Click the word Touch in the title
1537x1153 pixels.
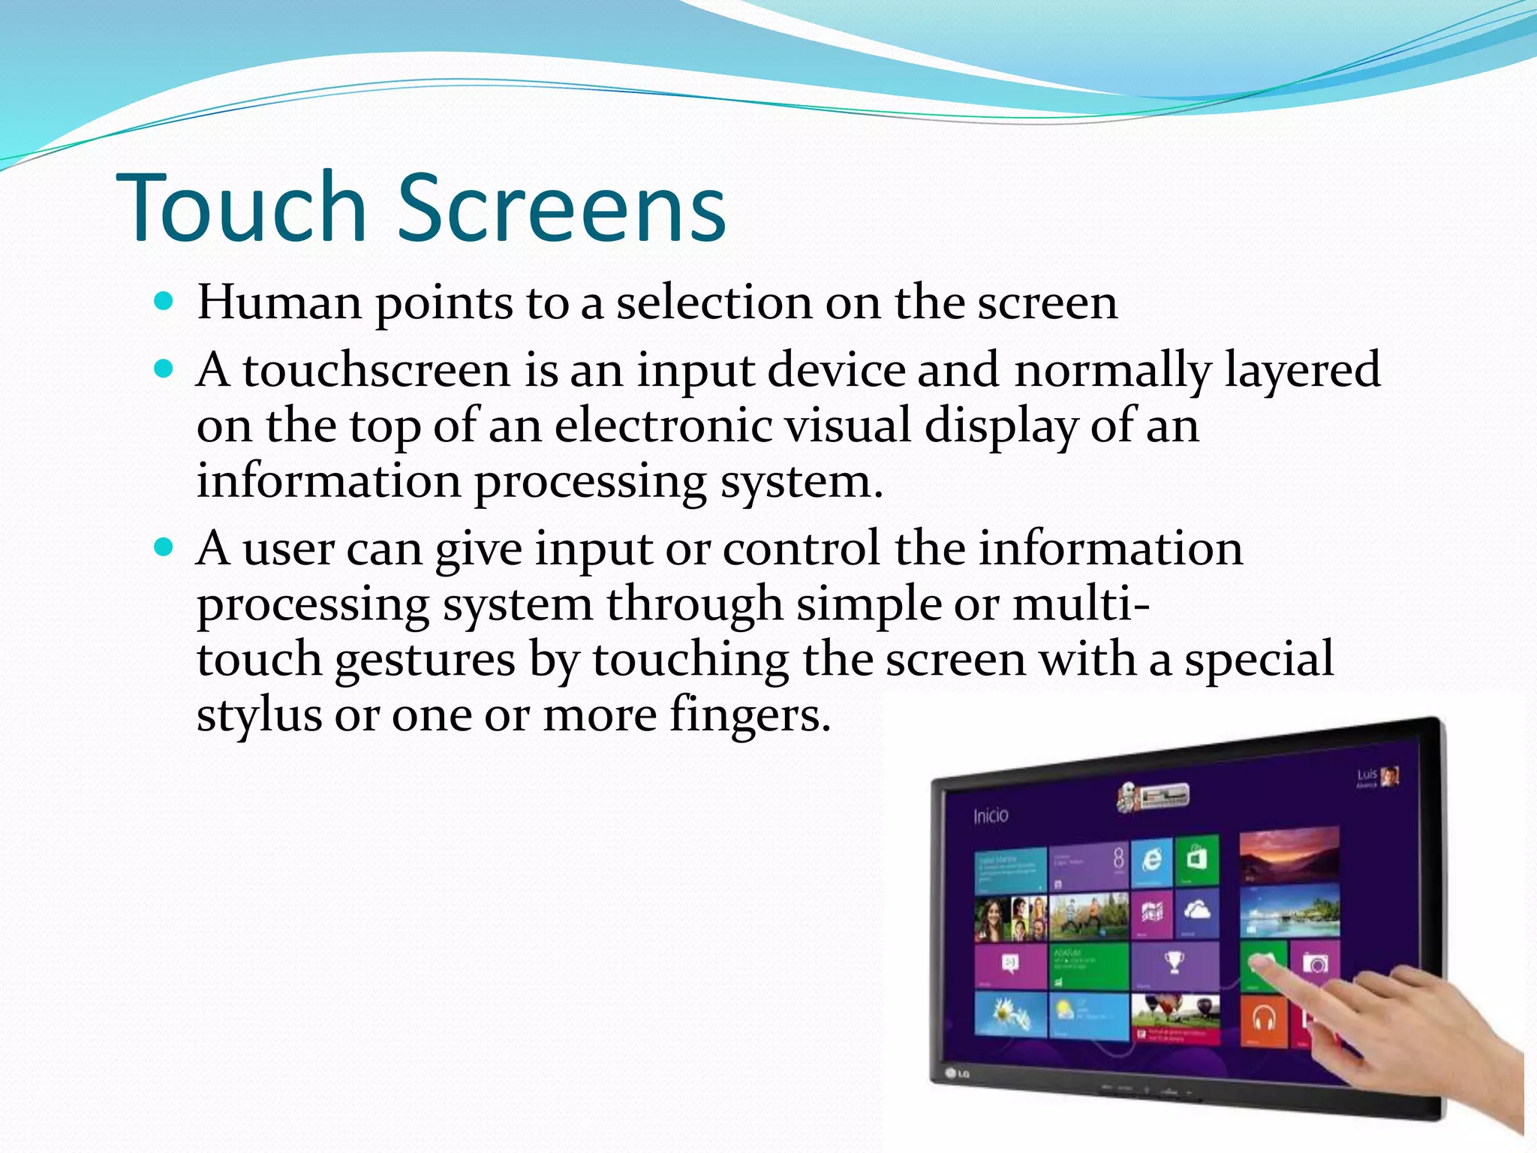(x=240, y=208)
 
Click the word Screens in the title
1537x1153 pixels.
(x=561, y=208)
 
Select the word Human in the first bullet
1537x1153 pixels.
(x=279, y=303)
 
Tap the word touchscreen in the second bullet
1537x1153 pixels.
(x=376, y=370)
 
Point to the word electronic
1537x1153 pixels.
(x=663, y=426)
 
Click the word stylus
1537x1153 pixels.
(x=259, y=715)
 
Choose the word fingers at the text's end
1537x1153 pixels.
(x=750, y=715)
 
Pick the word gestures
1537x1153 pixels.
(x=425, y=660)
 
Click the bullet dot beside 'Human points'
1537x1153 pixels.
(x=163, y=303)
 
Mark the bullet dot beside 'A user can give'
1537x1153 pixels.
(x=163, y=547)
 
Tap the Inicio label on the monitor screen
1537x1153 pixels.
(x=991, y=816)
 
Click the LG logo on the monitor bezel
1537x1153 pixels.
(x=958, y=1073)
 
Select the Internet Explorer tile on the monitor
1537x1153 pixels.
(x=1152, y=860)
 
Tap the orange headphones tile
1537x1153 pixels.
(x=1265, y=1019)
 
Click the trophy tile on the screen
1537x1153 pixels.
(x=1175, y=965)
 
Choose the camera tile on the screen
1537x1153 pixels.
(x=1315, y=963)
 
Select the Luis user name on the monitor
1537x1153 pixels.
(x=1367, y=775)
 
